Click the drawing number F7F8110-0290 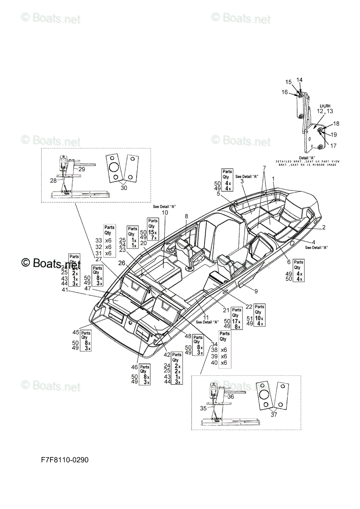[65, 460]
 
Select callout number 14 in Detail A [299, 80]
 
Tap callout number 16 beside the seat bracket [284, 92]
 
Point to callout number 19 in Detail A [334, 134]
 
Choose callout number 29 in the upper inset [82, 169]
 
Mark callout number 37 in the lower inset [274, 414]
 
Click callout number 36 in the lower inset [231, 397]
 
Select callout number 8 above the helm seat [186, 216]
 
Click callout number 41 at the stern [65, 290]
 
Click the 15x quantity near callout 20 [152, 232]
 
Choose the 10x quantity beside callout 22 [258, 318]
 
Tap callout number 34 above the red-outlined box [214, 344]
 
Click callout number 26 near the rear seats [121, 263]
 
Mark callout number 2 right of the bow [323, 227]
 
